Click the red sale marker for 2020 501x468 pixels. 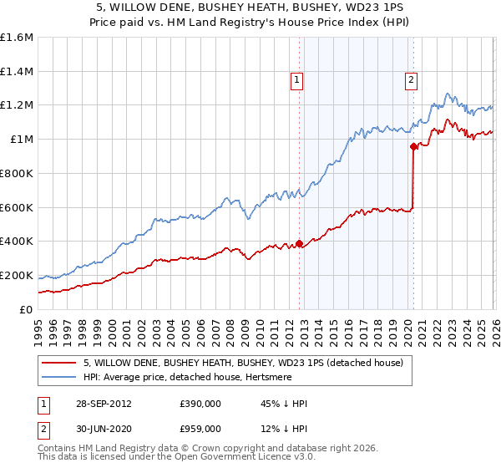(413, 146)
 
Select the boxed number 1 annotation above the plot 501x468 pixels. (296, 80)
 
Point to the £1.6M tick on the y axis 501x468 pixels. (17, 38)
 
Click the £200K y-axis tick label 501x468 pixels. (17, 275)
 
